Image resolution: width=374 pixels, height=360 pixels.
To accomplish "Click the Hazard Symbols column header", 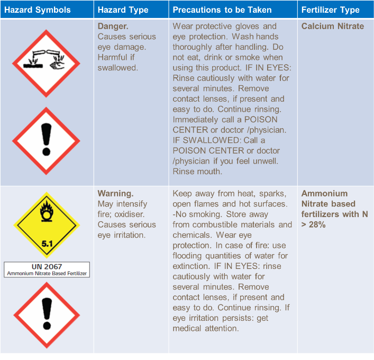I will pos(38,10).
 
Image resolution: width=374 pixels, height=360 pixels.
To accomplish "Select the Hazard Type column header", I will pos(123,10).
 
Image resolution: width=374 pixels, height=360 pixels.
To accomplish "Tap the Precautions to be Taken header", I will pos(222,10).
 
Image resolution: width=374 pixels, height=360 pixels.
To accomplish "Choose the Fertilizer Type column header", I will pos(331,10).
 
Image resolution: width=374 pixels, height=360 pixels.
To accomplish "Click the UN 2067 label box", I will pos(47,269).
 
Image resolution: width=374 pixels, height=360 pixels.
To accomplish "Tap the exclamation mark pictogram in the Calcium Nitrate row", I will pos(46,141).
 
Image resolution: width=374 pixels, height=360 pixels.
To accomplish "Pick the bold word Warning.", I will pos(115,193).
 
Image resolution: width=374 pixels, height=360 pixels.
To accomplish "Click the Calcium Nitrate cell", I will pos(332,26).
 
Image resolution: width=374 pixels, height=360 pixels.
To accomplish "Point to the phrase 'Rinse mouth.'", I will pos(197,172).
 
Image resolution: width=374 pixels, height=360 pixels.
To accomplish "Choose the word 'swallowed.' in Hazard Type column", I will pos(117,67).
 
